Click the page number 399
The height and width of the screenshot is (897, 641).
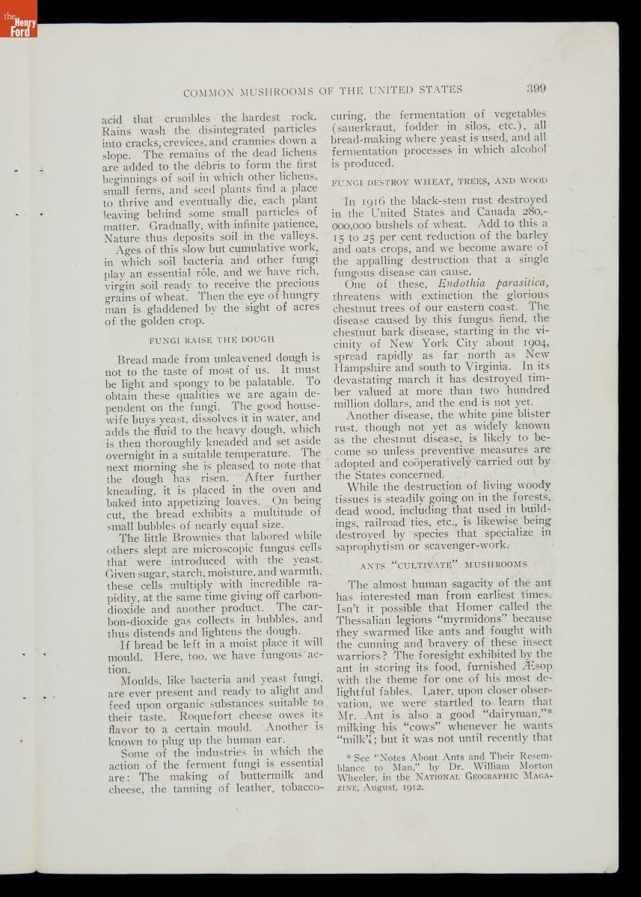[536, 88]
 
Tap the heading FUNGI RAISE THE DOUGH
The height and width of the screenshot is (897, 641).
[202, 339]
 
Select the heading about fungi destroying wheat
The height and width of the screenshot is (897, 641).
[440, 181]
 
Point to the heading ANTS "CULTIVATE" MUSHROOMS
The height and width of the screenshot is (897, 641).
[444, 564]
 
